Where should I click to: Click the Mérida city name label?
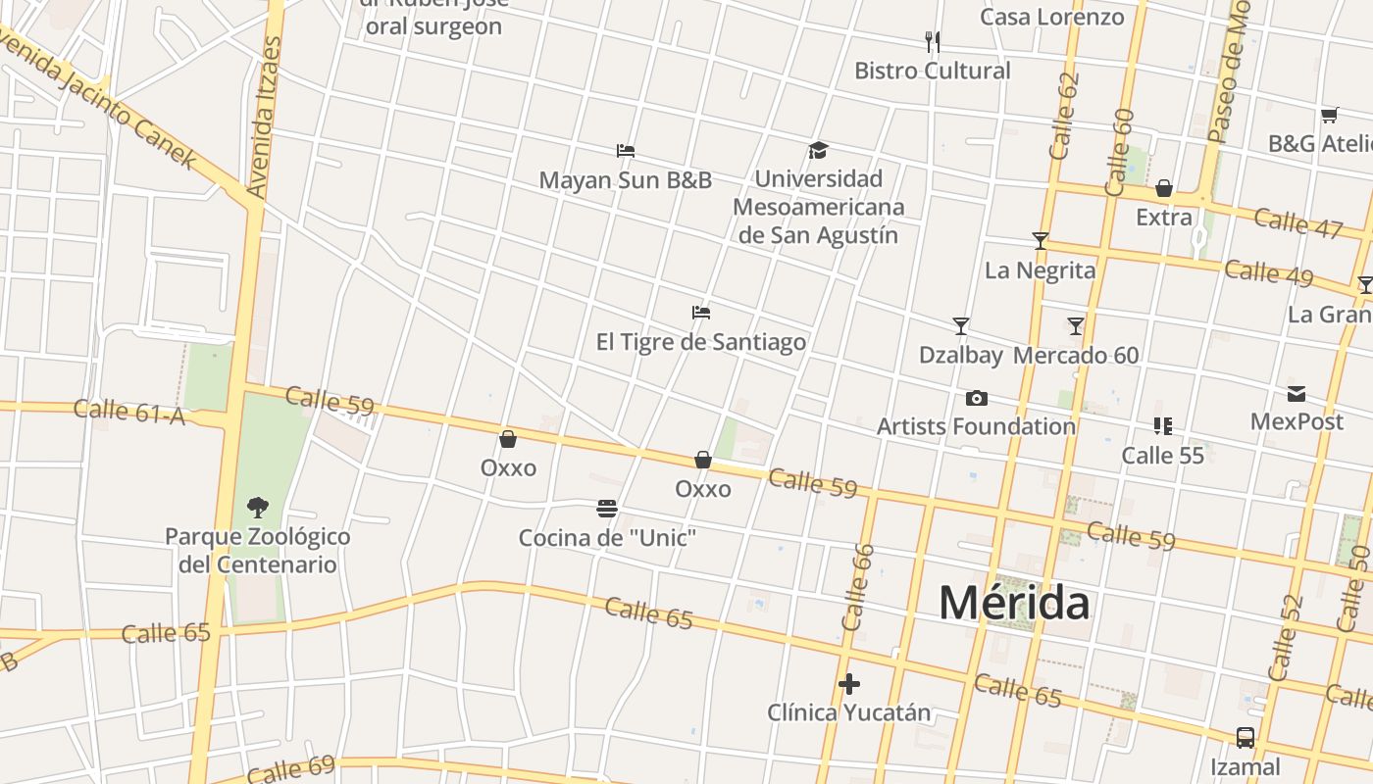pos(1013,603)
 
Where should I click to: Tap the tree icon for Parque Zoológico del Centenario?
pos(258,507)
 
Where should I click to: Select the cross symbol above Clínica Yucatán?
pos(849,683)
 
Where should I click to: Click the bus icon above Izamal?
pos(1245,737)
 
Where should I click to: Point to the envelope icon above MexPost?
pos(1297,394)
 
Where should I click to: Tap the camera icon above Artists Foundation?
pos(976,398)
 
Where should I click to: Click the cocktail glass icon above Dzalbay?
pos(961,326)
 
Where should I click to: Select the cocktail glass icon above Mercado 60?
pos(1076,326)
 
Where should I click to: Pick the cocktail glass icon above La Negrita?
pos(1040,241)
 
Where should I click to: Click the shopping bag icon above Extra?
pos(1164,188)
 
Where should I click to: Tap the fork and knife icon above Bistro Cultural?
pos(933,41)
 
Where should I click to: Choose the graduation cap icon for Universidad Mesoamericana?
pos(818,150)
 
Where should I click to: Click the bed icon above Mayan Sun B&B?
pos(626,151)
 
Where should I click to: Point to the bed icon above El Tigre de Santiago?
pos(701,313)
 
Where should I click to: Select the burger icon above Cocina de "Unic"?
pos(607,509)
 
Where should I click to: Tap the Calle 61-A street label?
pos(129,412)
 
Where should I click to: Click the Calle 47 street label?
pos(1297,222)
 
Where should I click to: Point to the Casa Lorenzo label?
pos(1051,17)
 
